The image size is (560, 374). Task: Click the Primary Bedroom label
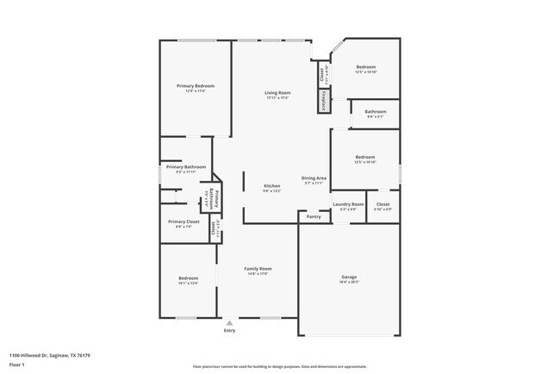coord(196,85)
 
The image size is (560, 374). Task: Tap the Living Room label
coord(277,92)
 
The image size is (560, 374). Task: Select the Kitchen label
coord(272,186)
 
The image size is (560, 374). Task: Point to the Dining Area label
coord(314,178)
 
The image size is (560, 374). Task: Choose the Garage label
coord(349,277)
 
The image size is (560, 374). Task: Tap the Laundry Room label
coord(348,204)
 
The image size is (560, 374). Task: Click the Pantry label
coord(313,217)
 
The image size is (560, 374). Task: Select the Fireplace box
coord(325,102)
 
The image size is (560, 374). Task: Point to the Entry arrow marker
coord(229,323)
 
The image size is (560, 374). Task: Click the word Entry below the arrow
coord(229,331)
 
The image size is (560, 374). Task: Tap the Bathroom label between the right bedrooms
coord(375,111)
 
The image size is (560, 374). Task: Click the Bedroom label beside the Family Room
coord(188,277)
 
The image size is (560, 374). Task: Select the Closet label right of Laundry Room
coord(383,204)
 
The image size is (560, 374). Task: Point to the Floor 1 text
coord(17,365)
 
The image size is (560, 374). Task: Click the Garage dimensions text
coord(349,282)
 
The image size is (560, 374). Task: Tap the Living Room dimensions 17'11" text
coord(277,97)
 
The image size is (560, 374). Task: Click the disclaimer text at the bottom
coord(279,365)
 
